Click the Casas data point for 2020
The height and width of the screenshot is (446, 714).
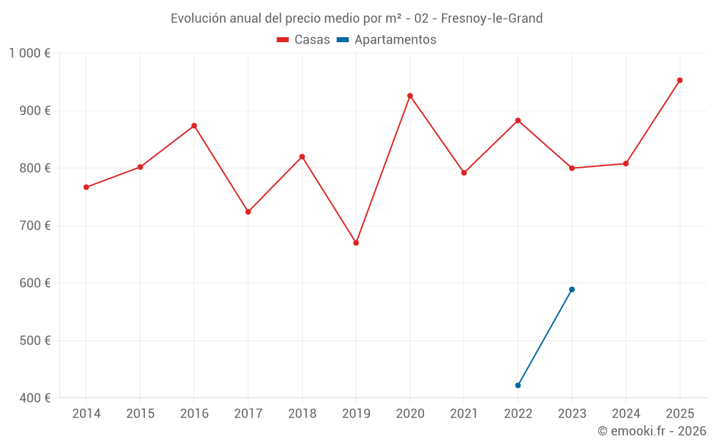point(410,96)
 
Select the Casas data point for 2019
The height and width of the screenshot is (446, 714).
point(356,243)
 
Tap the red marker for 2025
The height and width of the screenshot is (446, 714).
point(680,80)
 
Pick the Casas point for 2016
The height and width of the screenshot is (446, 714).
point(194,126)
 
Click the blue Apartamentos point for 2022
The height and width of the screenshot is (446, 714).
point(518,385)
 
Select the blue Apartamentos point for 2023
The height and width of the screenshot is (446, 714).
point(572,289)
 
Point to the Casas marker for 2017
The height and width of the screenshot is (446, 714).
point(248,212)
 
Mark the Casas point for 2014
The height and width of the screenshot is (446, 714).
point(86,187)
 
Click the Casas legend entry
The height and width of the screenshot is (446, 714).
point(303,40)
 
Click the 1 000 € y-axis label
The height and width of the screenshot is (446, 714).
point(30,53)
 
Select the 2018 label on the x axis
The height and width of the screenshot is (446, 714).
point(302,414)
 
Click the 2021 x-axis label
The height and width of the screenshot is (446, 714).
point(464,414)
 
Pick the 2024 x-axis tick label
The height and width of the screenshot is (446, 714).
point(626,414)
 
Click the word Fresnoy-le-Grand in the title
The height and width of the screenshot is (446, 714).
point(492,18)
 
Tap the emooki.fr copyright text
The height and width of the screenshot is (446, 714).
point(652,431)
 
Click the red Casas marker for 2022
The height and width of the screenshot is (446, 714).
point(518,120)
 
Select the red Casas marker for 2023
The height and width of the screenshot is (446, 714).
point(572,168)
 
